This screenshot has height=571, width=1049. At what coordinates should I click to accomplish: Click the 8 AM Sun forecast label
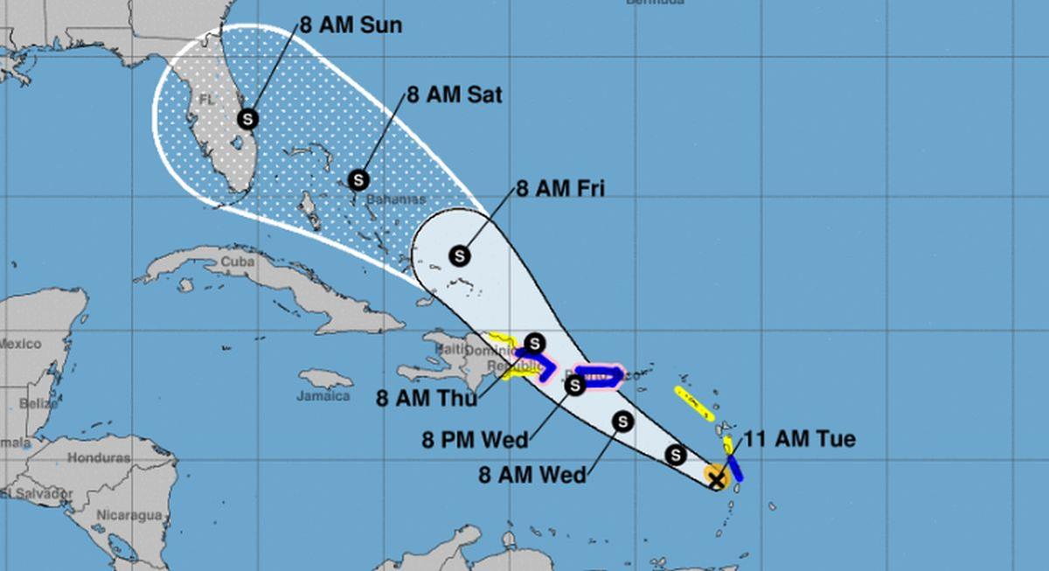click(x=351, y=24)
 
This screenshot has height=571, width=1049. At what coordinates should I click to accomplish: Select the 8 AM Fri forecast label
click(x=560, y=187)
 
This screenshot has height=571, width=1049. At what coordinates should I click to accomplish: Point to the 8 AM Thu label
click(x=427, y=399)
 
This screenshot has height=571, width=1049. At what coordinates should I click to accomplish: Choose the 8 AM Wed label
click(x=531, y=475)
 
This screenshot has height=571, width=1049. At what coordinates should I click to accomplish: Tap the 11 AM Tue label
click(x=799, y=439)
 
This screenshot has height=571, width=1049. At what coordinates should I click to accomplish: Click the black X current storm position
click(x=717, y=478)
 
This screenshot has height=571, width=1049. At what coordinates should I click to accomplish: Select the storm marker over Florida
click(x=248, y=118)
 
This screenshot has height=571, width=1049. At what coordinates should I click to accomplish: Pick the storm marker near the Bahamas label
click(x=358, y=180)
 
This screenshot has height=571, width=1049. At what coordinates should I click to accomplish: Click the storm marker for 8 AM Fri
click(x=460, y=255)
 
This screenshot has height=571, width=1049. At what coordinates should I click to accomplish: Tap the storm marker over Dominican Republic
click(x=535, y=343)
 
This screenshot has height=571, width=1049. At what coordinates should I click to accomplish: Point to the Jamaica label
click(x=323, y=395)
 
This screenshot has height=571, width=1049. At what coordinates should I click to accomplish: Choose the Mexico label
click(x=19, y=344)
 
